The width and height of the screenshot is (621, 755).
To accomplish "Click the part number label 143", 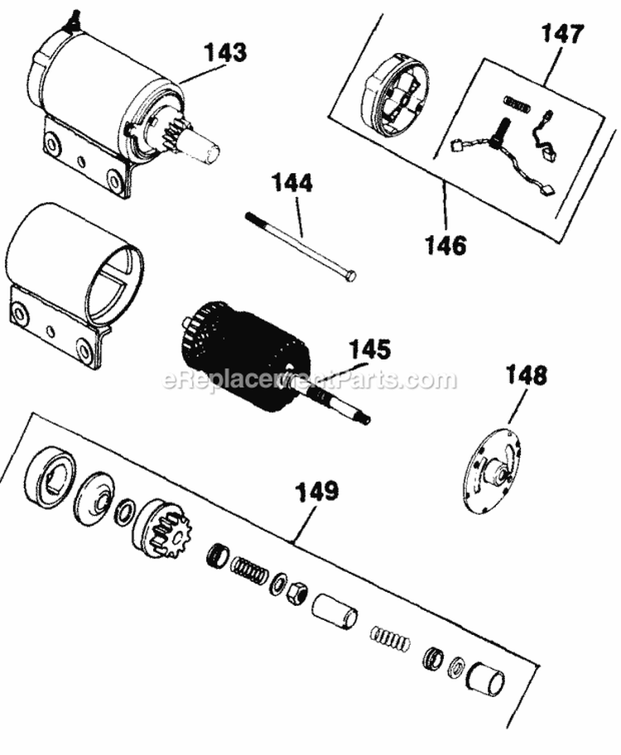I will click(x=226, y=54).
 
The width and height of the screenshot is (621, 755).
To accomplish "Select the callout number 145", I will click(x=369, y=349).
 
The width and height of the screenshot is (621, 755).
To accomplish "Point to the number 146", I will click(x=445, y=245).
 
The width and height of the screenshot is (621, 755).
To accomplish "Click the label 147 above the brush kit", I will click(x=563, y=35).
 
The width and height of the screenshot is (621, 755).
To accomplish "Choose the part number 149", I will click(x=319, y=493).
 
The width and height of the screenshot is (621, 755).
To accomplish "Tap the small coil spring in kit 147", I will click(x=516, y=104).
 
